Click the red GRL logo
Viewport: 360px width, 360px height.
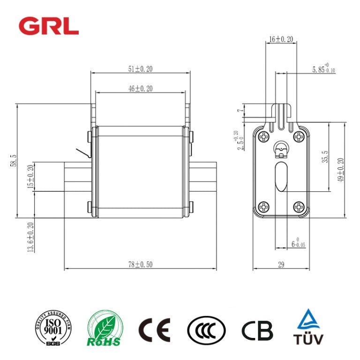click(48, 26)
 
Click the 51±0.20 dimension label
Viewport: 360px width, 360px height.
click(140, 69)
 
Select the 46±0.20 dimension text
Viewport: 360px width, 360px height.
click(140, 88)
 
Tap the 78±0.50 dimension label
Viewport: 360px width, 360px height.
click(140, 264)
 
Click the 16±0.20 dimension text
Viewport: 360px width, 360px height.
click(281, 40)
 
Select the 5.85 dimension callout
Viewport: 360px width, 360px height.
click(323, 69)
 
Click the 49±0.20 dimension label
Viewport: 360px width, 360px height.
click(341, 170)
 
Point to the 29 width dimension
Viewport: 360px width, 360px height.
click(281, 265)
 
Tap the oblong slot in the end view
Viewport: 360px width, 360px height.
click(281, 177)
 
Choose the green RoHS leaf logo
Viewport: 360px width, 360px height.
click(105, 330)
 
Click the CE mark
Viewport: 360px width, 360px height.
click(154, 330)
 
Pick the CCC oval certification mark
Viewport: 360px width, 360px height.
click(206, 330)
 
